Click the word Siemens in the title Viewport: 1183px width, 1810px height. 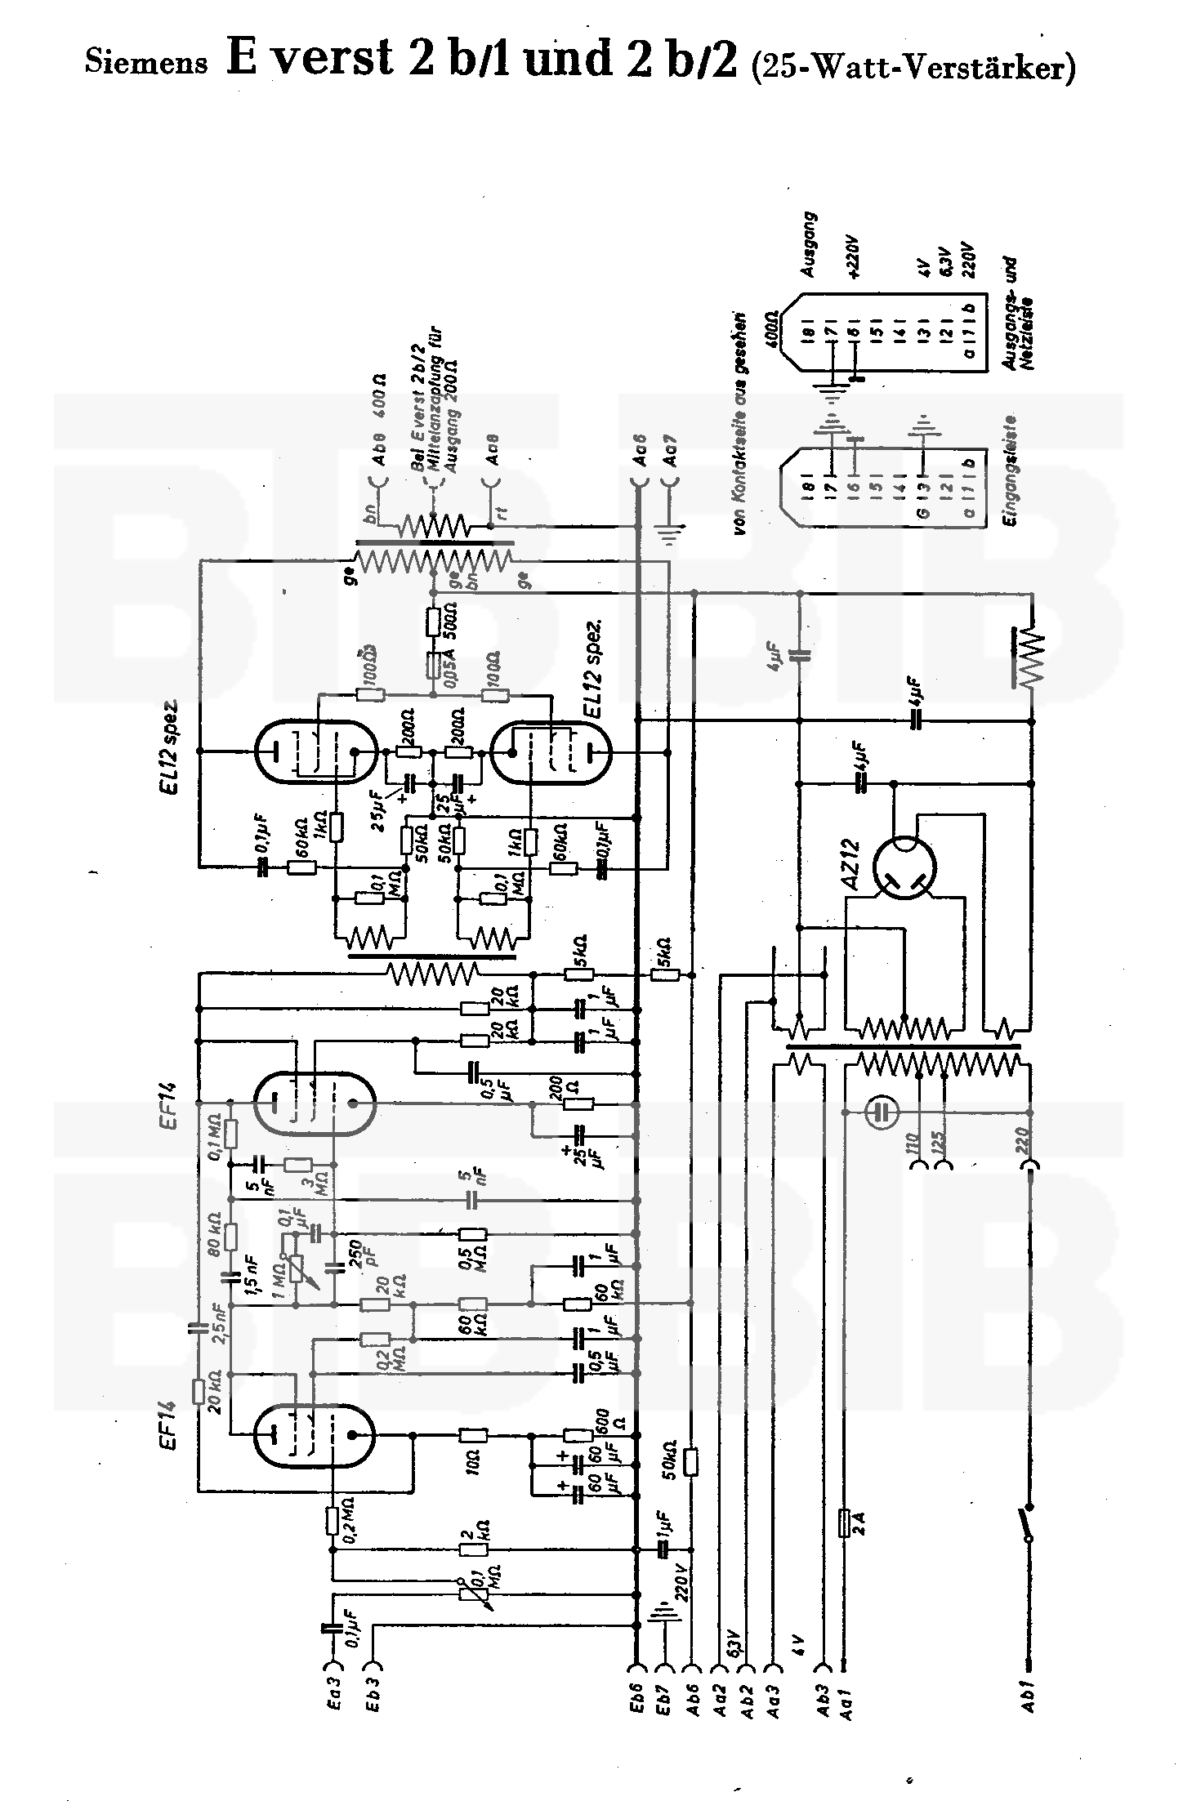(146, 63)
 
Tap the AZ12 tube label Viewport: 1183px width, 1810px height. (850, 865)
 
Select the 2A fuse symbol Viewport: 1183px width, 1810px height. (846, 1522)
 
